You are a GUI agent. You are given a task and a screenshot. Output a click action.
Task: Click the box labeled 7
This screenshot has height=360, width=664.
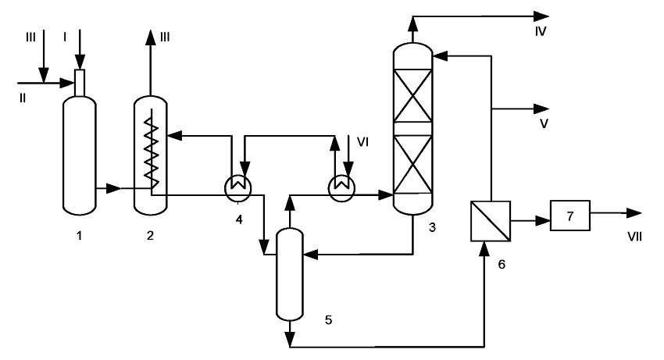pyautogui.click(x=570, y=216)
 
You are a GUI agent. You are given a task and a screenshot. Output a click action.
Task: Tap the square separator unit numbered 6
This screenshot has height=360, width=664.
pyautogui.click(x=491, y=221)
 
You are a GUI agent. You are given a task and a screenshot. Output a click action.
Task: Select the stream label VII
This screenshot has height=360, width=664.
pyautogui.click(x=634, y=237)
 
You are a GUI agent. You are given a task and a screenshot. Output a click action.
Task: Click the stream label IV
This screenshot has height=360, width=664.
pyautogui.click(x=541, y=31)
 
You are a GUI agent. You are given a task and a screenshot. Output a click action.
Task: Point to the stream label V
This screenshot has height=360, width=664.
pyautogui.click(x=544, y=123)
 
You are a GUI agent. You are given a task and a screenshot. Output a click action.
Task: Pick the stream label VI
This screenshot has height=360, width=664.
pyautogui.click(x=363, y=142)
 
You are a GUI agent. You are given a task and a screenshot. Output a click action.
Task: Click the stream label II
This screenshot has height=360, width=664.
pyautogui.click(x=23, y=98)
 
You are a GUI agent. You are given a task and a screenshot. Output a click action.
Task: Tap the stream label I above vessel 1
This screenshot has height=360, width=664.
pyautogui.click(x=65, y=37)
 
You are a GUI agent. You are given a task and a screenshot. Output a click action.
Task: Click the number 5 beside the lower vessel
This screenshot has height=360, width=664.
pyautogui.click(x=329, y=319)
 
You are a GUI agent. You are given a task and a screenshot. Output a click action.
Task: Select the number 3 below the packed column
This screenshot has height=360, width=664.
pyautogui.click(x=432, y=227)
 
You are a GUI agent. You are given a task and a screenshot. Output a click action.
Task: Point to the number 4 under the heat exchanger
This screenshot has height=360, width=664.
pyautogui.click(x=239, y=219)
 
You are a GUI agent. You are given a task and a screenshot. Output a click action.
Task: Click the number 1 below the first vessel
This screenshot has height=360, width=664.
pyautogui.click(x=79, y=235)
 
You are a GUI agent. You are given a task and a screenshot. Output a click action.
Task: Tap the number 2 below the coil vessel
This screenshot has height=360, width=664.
pyautogui.click(x=150, y=235)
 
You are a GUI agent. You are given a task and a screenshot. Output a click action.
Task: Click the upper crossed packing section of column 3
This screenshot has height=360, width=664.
pyautogui.click(x=413, y=96)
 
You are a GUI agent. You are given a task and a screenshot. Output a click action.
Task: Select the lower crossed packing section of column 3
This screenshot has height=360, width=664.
pyautogui.click(x=413, y=164)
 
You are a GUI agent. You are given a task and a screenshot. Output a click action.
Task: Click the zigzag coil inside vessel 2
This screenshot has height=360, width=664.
pyautogui.click(x=152, y=151)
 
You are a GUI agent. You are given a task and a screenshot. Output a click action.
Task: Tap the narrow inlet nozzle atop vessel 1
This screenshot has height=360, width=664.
pyautogui.click(x=80, y=83)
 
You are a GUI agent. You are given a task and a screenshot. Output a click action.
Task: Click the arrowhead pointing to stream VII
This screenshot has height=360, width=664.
pyautogui.click(x=634, y=213)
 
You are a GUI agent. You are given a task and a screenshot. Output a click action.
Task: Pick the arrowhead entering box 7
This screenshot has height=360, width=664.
pyautogui.click(x=543, y=221)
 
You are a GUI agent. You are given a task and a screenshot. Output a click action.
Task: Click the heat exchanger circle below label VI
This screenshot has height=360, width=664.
pyautogui.click(x=342, y=187)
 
